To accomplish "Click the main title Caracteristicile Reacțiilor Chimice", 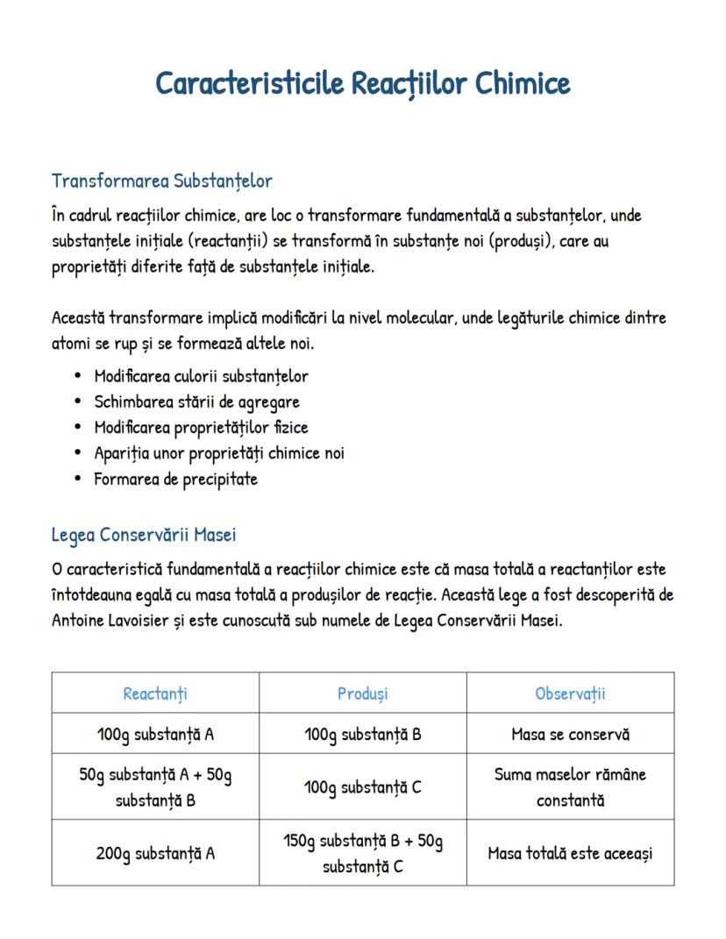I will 363,84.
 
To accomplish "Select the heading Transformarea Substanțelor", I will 162,181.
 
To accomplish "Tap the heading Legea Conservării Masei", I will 143,535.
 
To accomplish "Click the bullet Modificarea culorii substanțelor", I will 201,376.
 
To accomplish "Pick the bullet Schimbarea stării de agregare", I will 196,402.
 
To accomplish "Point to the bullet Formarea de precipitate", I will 175,480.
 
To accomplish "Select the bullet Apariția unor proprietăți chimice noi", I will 219,453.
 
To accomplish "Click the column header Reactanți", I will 155,694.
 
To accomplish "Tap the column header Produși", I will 362,694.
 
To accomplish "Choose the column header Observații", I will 570,694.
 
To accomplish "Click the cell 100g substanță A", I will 155,734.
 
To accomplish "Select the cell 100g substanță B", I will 362,734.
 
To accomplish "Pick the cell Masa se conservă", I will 570,734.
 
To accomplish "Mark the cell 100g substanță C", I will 362,787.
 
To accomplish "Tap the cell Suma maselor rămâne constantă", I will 570,787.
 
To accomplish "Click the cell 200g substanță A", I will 155,853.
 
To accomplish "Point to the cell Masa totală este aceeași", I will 570,853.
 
